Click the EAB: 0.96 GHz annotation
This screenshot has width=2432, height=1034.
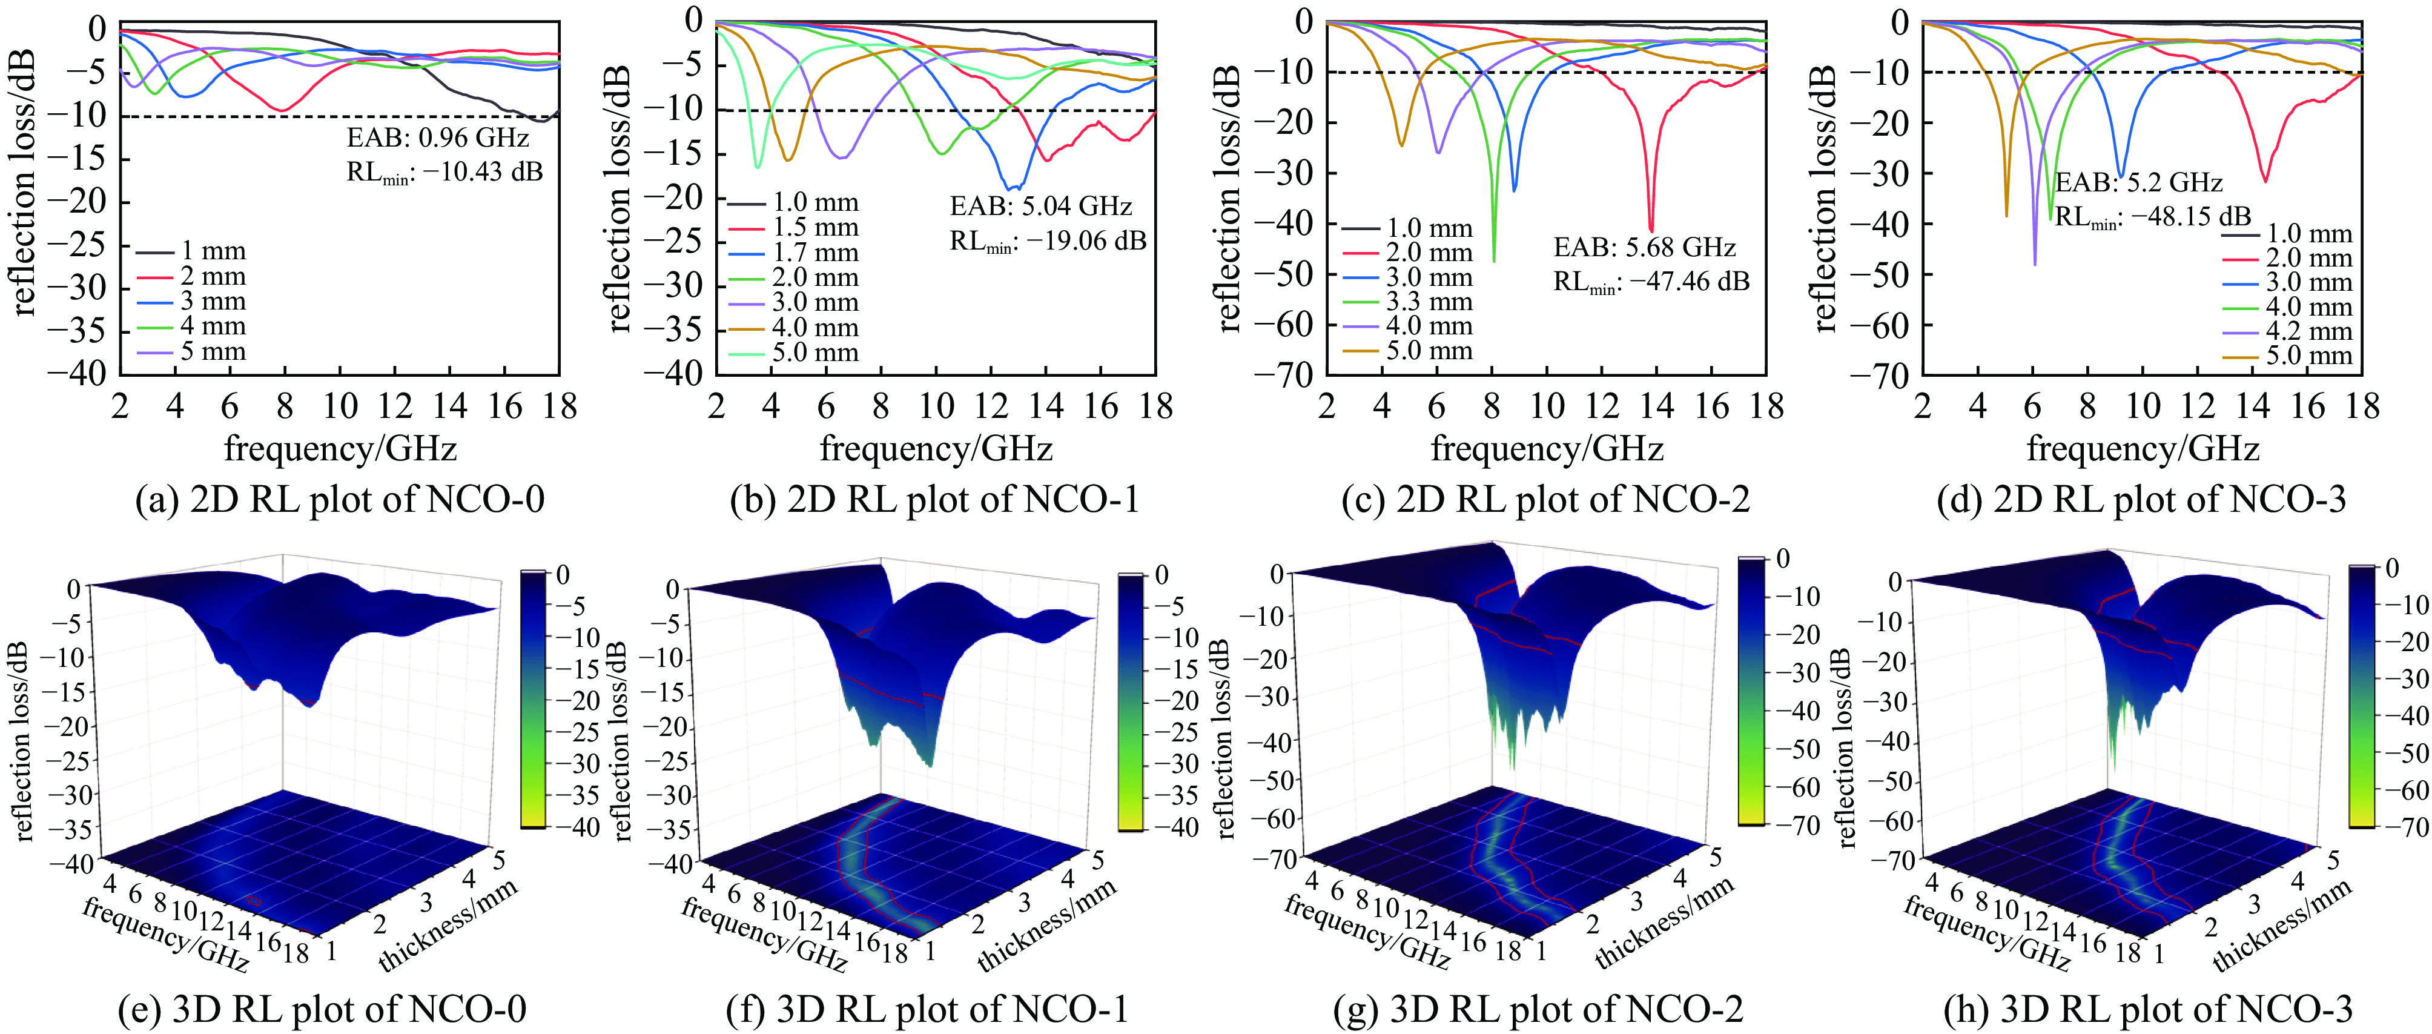coord(437,138)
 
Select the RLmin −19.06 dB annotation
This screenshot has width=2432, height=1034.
coord(1047,242)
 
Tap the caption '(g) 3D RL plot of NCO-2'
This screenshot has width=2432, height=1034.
coord(1538,1009)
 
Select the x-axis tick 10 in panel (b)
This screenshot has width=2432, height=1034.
coord(936,407)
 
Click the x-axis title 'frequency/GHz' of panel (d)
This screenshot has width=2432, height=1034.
coord(2143,448)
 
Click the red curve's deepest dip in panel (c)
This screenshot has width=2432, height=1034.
coord(1650,230)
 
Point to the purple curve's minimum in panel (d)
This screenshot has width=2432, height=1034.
coord(2035,263)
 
